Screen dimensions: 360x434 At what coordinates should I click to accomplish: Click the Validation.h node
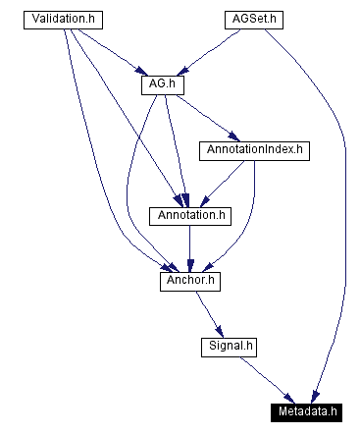pos(66,20)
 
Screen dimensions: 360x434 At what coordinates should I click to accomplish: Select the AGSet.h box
pos(251,20)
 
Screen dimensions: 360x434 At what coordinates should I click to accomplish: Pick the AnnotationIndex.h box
pos(253,150)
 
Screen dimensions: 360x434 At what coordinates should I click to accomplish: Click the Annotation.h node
pos(187,215)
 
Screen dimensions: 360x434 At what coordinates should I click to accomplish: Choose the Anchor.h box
pos(189,281)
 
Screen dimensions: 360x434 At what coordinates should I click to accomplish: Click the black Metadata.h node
pos(308,410)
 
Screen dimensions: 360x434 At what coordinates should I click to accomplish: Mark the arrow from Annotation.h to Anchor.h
pos(188,247)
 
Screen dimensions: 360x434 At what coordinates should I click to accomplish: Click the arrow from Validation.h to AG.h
pos(110,51)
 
